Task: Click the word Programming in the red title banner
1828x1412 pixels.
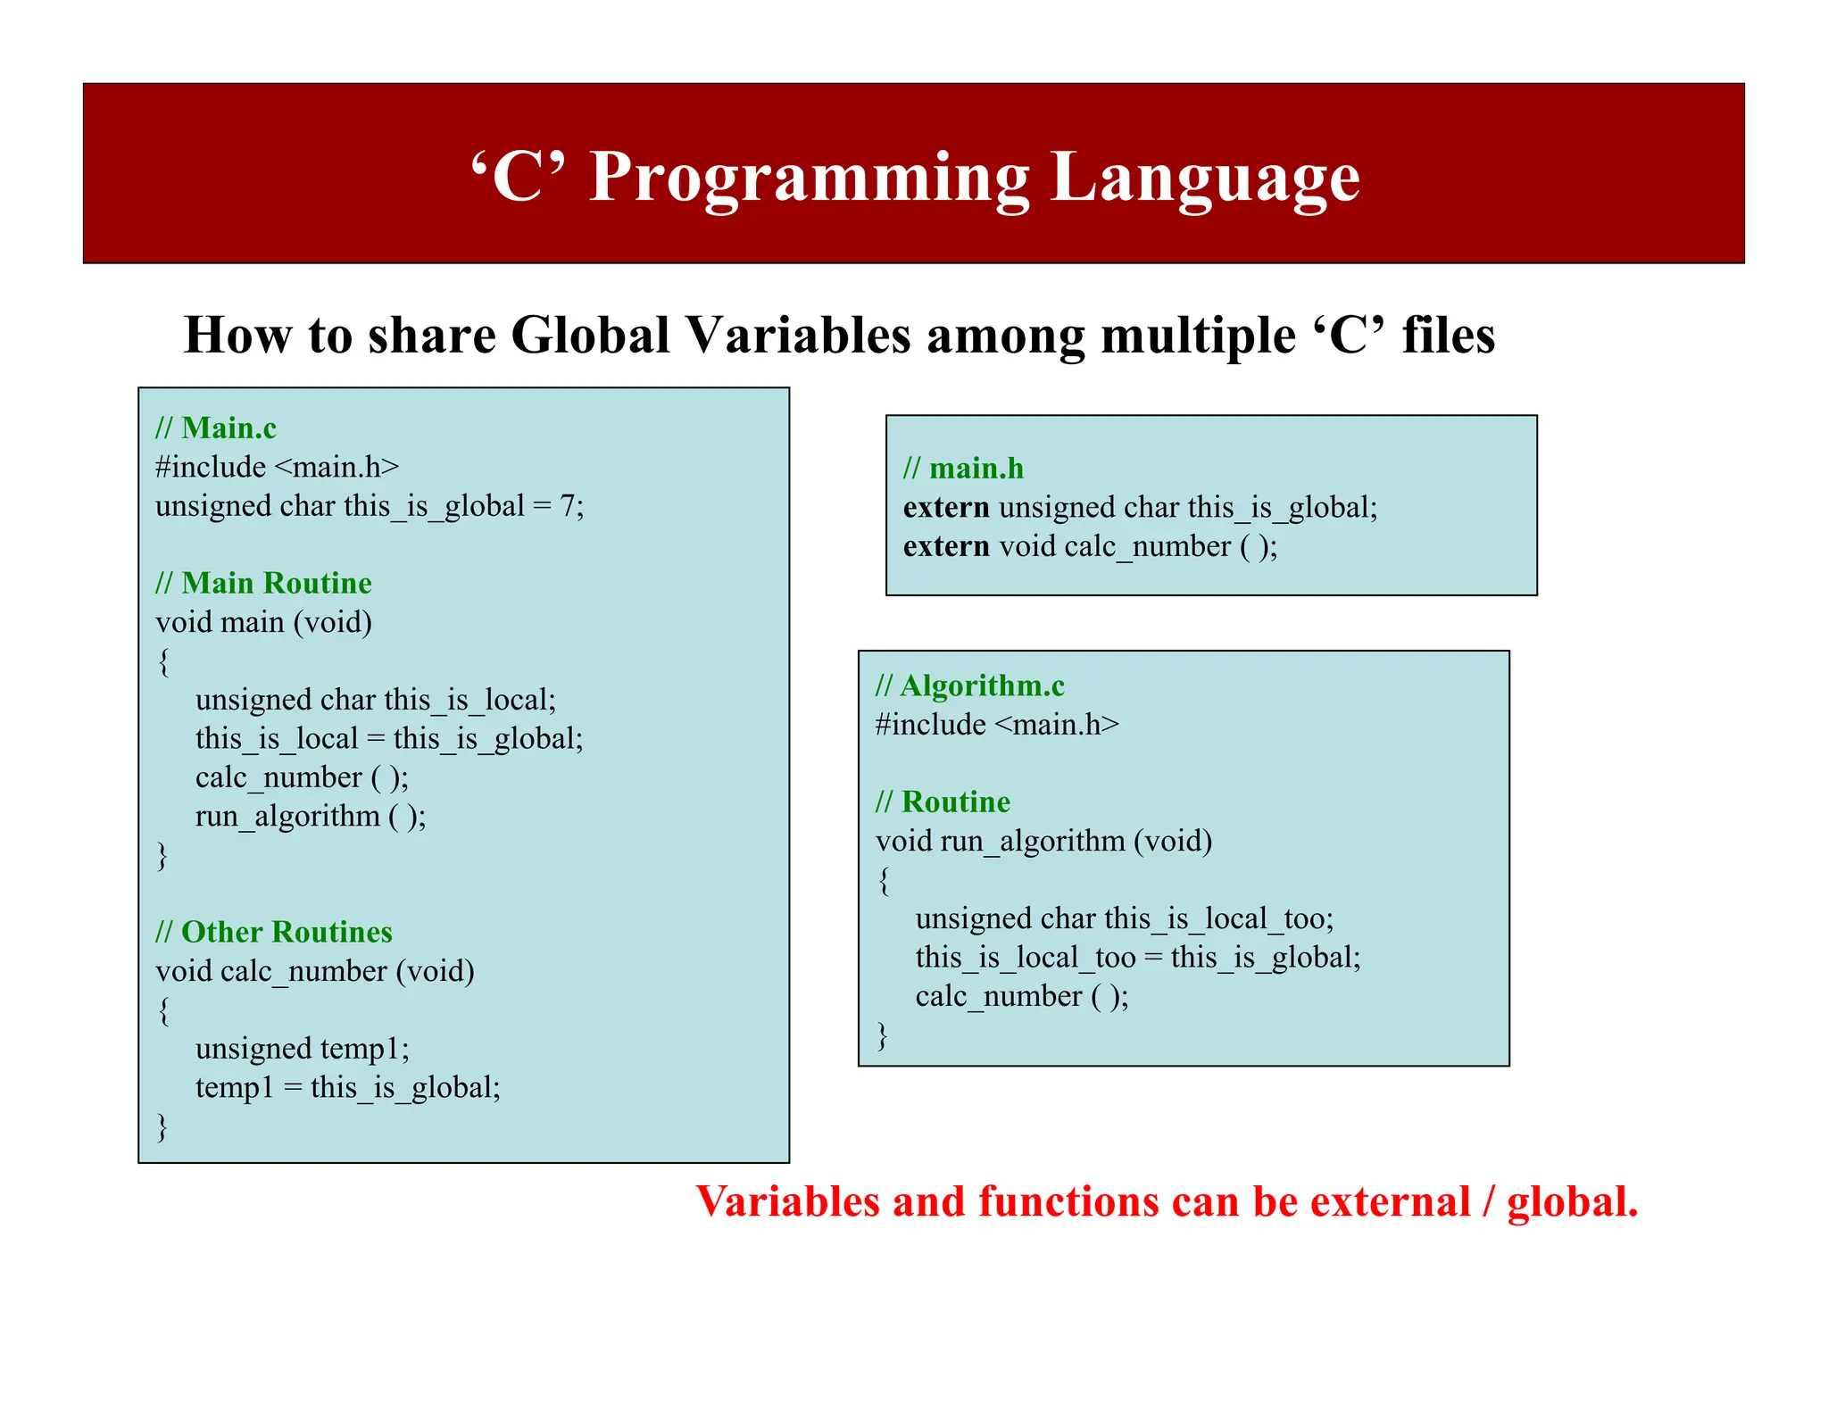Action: pos(809,179)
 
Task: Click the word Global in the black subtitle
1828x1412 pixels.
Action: pos(590,336)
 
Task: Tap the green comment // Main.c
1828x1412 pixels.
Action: pos(216,428)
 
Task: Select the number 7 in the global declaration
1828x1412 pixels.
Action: pos(567,506)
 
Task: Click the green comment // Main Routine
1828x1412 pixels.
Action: pos(263,583)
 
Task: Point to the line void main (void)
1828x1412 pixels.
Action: pos(263,622)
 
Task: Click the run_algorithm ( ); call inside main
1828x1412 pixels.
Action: pos(311,816)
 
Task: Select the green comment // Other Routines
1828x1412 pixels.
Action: pos(273,932)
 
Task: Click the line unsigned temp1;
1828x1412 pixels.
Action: pos(302,1048)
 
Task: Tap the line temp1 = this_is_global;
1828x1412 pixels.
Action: pos(347,1087)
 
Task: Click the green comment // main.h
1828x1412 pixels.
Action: pos(963,469)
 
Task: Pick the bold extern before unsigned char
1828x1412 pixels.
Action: pos(945,508)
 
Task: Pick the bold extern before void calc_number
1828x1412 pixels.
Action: pos(945,546)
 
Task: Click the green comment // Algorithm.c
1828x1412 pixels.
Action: pos(969,685)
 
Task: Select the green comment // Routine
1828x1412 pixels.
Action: pos(943,802)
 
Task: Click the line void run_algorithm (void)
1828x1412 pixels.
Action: pos(1043,841)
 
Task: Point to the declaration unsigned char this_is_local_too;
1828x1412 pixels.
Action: pos(1124,918)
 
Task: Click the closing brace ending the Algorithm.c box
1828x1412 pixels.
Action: pos(882,1035)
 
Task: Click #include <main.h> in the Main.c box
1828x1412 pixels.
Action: pos(277,467)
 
